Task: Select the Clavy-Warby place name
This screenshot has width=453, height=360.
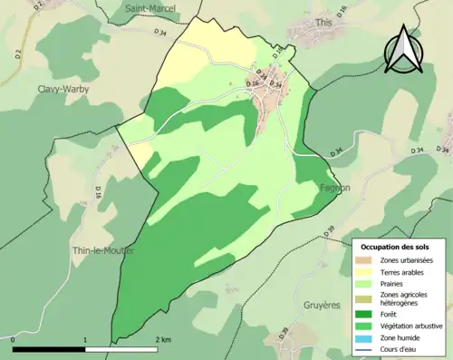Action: click(x=63, y=89)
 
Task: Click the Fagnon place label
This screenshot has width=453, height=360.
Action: click(x=335, y=188)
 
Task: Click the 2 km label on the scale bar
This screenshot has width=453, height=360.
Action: click(x=163, y=339)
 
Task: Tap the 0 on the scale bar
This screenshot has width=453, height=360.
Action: click(x=14, y=339)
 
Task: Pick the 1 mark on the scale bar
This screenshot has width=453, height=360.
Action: click(x=86, y=339)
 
